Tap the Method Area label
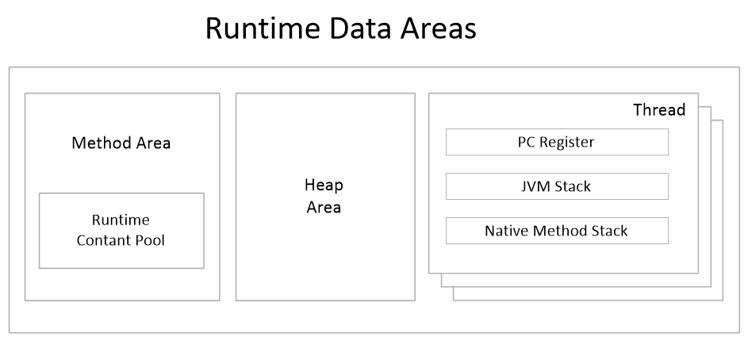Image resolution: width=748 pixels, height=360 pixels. pos(121,144)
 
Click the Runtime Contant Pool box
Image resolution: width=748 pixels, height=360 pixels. pos(121,230)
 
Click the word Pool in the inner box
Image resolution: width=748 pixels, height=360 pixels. pos(150,239)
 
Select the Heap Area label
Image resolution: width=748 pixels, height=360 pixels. pos(324,196)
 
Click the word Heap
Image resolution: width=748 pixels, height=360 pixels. pos(324,186)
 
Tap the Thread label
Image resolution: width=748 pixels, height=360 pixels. pos(658,110)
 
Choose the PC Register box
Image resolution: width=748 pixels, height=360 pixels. pos(556,143)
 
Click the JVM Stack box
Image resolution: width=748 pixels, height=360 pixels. pos(556,187)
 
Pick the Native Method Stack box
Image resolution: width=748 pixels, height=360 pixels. pos(556,231)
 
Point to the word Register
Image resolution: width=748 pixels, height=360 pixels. pos(566,143)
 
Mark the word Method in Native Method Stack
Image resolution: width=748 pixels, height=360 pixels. pos(559,231)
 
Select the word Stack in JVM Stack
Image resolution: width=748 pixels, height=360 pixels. pos(573,187)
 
